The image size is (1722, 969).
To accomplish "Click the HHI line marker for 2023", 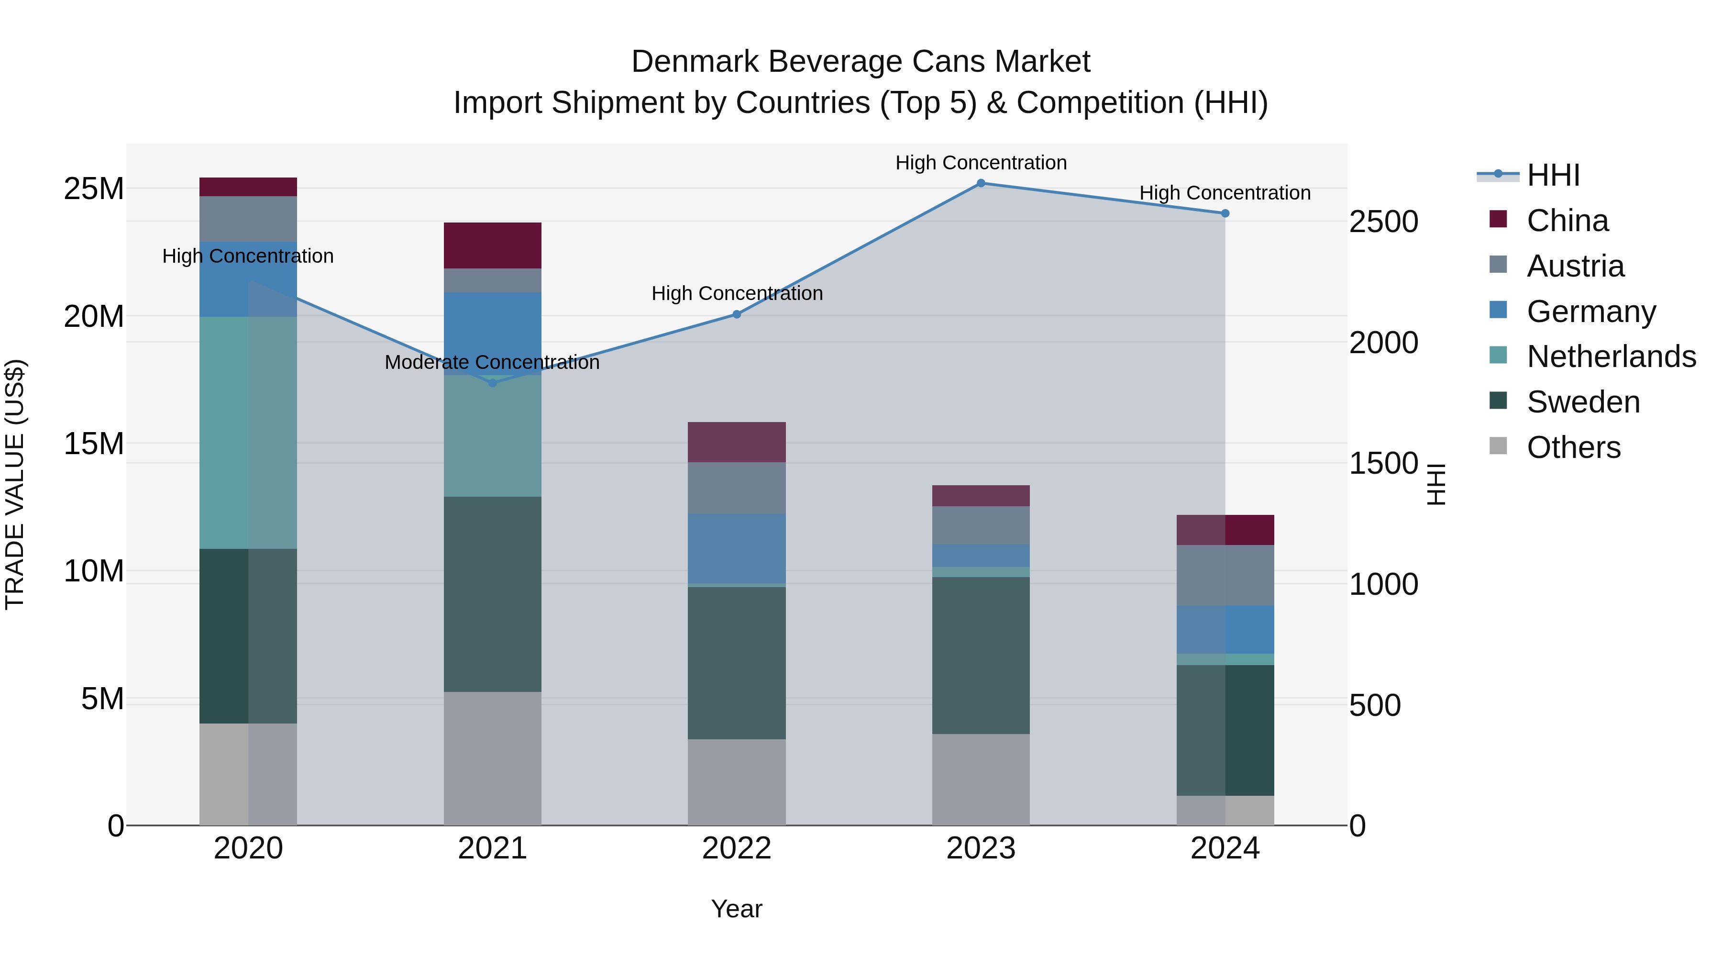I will pyautogui.click(x=981, y=183).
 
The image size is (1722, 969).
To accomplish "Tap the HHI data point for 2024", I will pyautogui.click(x=1225, y=213).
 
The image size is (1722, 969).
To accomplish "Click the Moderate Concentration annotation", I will pyautogui.click(x=492, y=362).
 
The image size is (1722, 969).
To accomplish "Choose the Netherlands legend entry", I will pyautogui.click(x=1611, y=356).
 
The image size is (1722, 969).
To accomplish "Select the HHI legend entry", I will pyautogui.click(x=1552, y=175).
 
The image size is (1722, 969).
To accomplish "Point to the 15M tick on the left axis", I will pyautogui.click(x=94, y=444).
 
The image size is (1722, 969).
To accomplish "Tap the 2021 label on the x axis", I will pyautogui.click(x=492, y=848).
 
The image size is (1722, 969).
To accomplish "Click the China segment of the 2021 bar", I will pyautogui.click(x=492, y=245).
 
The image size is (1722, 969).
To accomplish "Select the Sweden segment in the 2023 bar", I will pyautogui.click(x=981, y=656).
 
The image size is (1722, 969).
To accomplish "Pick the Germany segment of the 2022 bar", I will pyautogui.click(x=737, y=548).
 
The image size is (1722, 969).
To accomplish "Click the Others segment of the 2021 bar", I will pyautogui.click(x=492, y=758).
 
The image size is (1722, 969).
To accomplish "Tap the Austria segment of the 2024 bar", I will pyautogui.click(x=1225, y=575).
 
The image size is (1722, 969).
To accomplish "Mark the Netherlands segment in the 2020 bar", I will pyautogui.click(x=248, y=433).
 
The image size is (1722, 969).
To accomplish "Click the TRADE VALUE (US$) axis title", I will pyautogui.click(x=15, y=484).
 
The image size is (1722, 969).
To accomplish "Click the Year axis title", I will pyautogui.click(x=736, y=909).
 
